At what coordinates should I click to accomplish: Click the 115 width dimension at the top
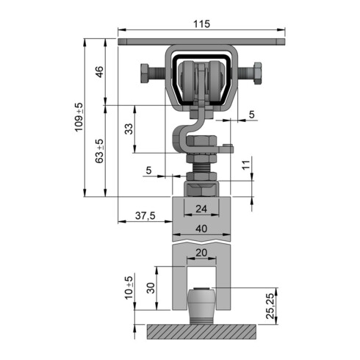tap(201, 24)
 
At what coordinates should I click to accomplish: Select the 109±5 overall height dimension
tap(79, 117)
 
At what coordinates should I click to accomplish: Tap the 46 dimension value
tap(100, 72)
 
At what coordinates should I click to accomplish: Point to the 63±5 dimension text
tap(99, 151)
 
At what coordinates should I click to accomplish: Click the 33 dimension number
tap(129, 129)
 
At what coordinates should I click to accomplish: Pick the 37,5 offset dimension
tap(145, 216)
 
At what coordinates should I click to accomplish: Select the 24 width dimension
tap(201, 209)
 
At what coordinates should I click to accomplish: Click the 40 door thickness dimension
tap(201, 228)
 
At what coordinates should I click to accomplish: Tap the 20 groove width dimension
tap(201, 253)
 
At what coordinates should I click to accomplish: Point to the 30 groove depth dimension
tap(151, 288)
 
